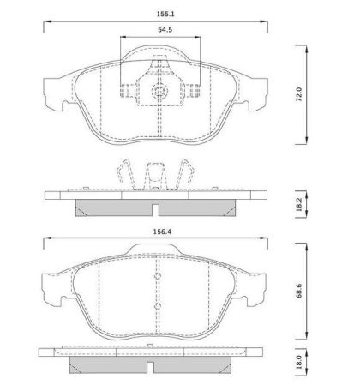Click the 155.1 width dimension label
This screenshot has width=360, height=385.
165,14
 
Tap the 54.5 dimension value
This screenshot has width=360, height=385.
165,29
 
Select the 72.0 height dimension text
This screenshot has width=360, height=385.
299,94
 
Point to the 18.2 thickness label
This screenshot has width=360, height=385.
299,204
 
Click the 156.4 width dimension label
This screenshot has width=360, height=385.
162,232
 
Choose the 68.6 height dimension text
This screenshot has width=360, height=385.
299,291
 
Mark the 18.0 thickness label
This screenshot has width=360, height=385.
299,362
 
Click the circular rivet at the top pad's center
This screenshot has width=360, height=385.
159,92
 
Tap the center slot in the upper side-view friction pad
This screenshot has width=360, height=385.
156,210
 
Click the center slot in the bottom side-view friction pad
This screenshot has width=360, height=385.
151,367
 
